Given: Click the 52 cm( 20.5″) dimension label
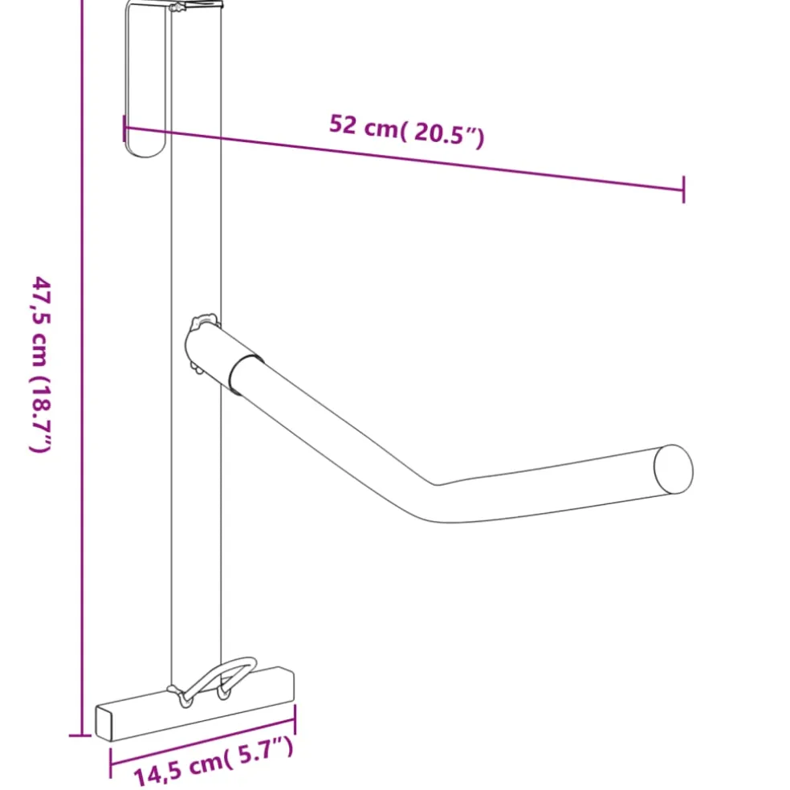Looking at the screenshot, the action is coord(406,131).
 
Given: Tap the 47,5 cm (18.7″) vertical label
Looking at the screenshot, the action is coord(40,364).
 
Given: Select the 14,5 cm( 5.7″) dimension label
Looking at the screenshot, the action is coord(213,761).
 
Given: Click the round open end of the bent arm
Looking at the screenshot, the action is coord(673,469).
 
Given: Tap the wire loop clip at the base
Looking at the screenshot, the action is coord(214,681).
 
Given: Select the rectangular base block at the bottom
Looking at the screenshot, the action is coord(195,704).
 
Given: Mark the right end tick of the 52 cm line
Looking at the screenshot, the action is coord(684,190).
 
